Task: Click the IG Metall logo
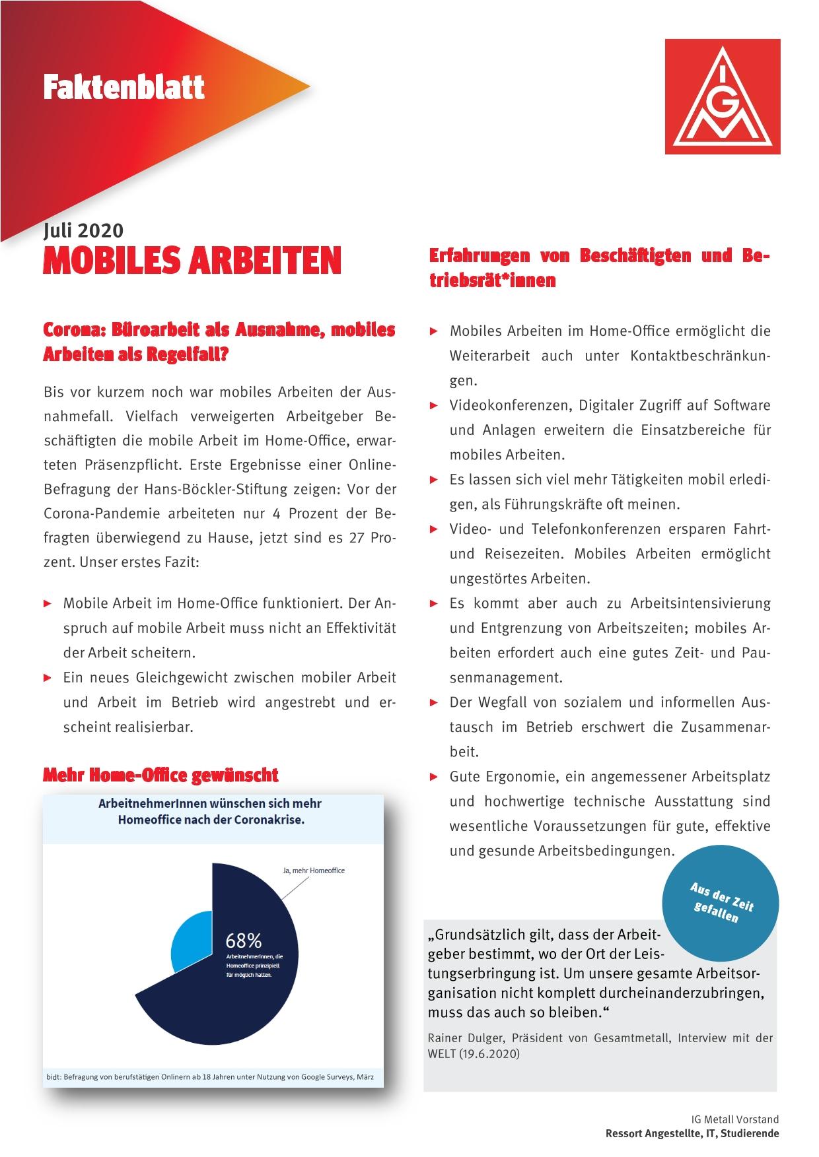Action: pos(722,96)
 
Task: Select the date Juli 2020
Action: pos(83,230)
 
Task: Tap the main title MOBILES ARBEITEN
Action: pos(192,261)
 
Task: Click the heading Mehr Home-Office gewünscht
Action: pos(160,775)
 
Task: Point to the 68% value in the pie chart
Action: pos(243,940)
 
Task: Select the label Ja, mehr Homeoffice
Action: pos(314,871)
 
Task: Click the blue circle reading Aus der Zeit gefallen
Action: pos(721,903)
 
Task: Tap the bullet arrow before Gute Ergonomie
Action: pos(434,777)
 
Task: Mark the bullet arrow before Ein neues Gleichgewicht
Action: pos(47,678)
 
